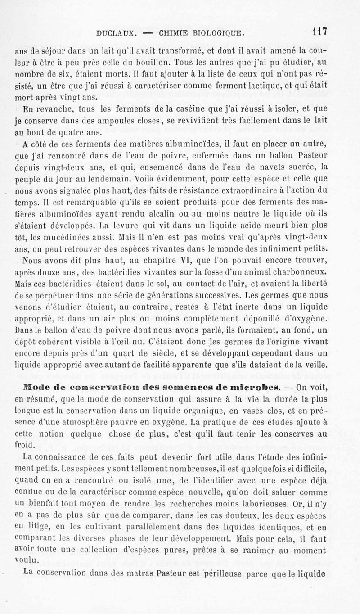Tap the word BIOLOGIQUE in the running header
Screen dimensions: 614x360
click(x=218, y=33)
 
